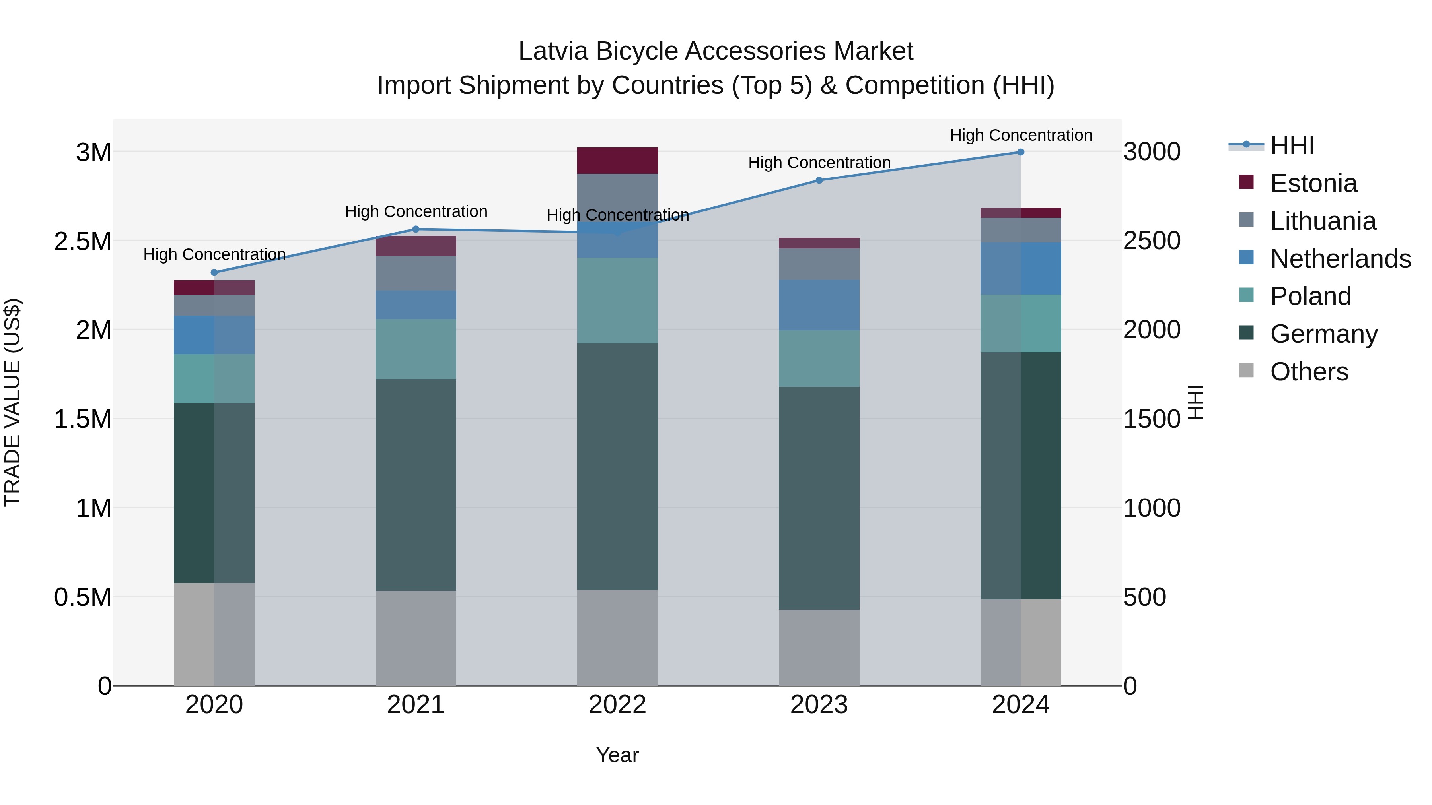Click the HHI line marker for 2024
tap(1021, 152)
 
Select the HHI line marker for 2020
tap(214, 273)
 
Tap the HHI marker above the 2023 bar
tap(819, 180)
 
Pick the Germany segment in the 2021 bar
tap(415, 485)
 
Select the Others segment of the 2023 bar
tap(819, 648)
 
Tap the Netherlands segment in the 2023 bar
tap(819, 306)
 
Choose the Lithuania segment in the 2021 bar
tap(415, 274)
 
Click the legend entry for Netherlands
tap(1340, 259)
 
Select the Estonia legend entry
tap(1313, 183)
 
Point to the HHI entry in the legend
tap(1292, 145)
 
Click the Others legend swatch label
tap(1309, 372)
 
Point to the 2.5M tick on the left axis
tap(83, 241)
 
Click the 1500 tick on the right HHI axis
tap(1151, 419)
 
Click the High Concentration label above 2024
tap(1021, 135)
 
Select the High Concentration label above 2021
tap(416, 211)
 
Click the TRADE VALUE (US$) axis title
tap(12, 402)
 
